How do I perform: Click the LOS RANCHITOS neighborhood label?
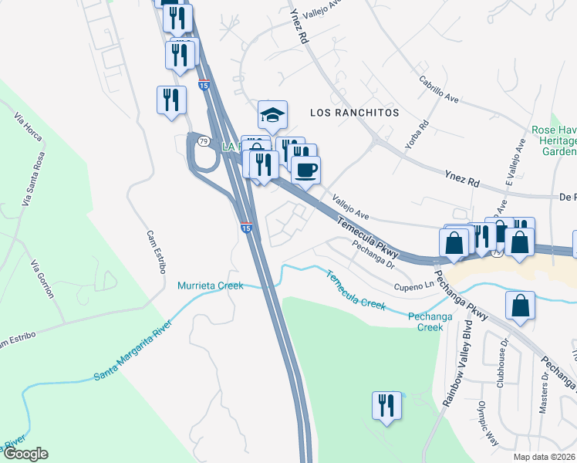354,113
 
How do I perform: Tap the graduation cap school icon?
272,115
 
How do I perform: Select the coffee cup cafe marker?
306,170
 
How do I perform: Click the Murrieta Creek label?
211,286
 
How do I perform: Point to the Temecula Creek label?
356,291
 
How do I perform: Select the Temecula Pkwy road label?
367,237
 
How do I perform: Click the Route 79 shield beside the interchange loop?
203,141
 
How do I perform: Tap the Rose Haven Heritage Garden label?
554,141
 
